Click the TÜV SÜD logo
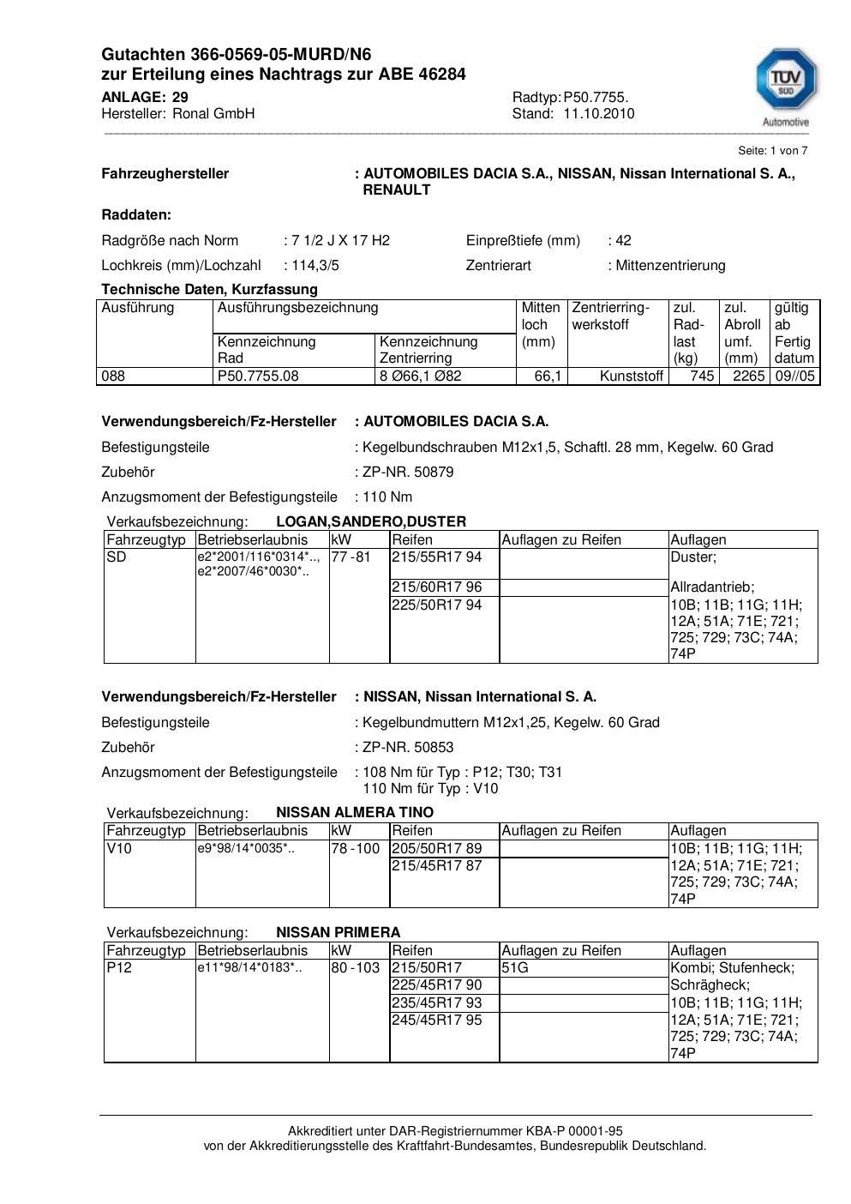click(x=786, y=86)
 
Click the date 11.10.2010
click(x=598, y=114)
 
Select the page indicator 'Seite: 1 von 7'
click(x=772, y=151)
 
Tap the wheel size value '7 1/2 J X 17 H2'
click(x=340, y=241)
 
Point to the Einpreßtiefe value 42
click(x=623, y=241)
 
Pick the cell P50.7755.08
click(x=258, y=376)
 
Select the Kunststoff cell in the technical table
click(x=632, y=376)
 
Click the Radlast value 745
click(x=702, y=376)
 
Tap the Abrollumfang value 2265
click(x=748, y=376)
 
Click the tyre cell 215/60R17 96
click(x=437, y=587)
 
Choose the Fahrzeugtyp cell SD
click(x=116, y=557)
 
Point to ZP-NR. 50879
click(x=408, y=473)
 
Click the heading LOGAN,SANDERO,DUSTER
click(x=371, y=521)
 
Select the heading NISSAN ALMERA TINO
click(x=355, y=812)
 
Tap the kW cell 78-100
click(x=355, y=849)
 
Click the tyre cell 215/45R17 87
click(x=437, y=866)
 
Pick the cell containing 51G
click(x=515, y=968)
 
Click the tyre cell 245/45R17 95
click(x=437, y=1020)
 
